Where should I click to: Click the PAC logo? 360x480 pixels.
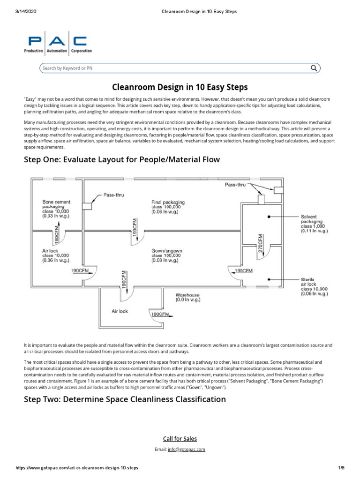(x=58, y=45)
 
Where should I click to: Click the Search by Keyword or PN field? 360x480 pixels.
(x=173, y=68)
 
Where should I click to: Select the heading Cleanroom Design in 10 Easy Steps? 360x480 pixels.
(x=180, y=87)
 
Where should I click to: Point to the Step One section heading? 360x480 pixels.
(x=122, y=160)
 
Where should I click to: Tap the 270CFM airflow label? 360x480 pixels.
(x=261, y=243)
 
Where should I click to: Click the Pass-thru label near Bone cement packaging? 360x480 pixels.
(x=113, y=195)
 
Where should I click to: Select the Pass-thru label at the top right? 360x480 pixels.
(x=235, y=185)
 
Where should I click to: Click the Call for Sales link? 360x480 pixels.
(x=180, y=439)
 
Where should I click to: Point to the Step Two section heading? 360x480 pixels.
(x=125, y=399)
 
